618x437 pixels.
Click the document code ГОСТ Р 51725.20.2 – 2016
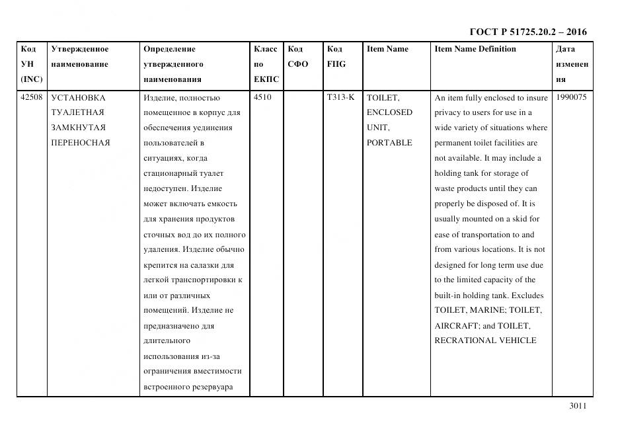527,32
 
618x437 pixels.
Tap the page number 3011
577,406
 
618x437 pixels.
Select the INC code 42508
31,97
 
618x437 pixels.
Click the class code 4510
262,97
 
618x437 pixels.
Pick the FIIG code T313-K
340,97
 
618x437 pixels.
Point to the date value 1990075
571,97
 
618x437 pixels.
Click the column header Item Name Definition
475,49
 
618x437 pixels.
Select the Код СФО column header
298,57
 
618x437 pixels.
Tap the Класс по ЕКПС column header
266,64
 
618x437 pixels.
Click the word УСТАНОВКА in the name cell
78,97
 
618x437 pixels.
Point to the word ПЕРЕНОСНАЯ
80,143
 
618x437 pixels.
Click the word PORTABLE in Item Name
389,143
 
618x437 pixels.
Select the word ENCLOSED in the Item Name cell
389,112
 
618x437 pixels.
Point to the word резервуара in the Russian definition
212,387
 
